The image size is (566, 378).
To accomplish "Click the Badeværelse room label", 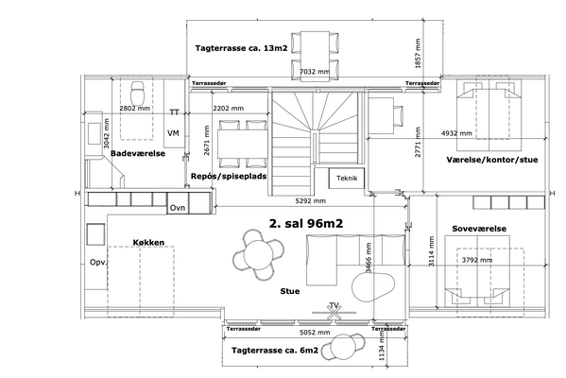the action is [x=138, y=153].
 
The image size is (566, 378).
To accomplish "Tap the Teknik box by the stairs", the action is [x=347, y=178].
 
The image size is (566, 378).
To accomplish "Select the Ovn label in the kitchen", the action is [x=178, y=208].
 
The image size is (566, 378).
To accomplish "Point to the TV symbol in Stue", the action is [x=334, y=311].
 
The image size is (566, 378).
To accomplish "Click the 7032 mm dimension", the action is [x=315, y=72].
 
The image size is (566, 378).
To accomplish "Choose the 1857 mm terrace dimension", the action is [x=418, y=54].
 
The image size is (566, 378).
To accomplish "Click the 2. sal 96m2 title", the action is [x=306, y=223].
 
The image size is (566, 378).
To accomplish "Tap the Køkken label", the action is [x=148, y=243].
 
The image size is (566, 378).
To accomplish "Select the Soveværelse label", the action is [x=479, y=229].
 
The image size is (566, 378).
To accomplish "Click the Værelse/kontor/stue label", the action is [x=492, y=160].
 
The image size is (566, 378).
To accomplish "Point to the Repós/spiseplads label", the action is [x=229, y=176].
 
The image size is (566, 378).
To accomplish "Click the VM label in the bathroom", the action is [x=173, y=133].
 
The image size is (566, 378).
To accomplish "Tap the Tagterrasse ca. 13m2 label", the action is [x=241, y=48].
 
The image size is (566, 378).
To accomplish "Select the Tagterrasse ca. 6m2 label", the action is [x=275, y=351].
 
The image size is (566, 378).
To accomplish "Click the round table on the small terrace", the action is [x=343, y=348].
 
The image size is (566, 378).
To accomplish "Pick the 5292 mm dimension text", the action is [x=311, y=200].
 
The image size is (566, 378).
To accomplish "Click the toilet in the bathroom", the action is [x=137, y=93].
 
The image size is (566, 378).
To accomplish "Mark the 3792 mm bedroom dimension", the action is [x=477, y=260].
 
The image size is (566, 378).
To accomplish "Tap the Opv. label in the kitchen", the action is [x=98, y=263].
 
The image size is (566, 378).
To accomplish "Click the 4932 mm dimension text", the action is [x=456, y=133].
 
